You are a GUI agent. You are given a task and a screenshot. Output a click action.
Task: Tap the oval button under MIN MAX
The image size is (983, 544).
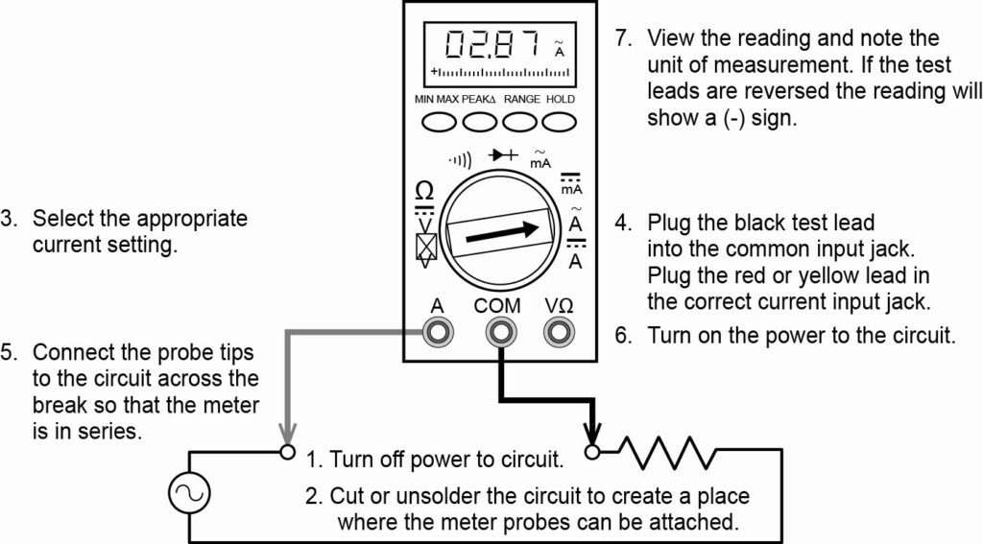pos(437,122)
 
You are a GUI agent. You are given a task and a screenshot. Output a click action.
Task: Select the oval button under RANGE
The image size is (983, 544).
pos(521,122)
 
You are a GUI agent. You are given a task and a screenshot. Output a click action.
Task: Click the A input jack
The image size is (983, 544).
pos(438,332)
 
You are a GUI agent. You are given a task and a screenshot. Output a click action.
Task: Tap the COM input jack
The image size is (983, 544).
pos(497,332)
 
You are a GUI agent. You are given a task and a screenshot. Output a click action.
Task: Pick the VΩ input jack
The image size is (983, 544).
pos(557,332)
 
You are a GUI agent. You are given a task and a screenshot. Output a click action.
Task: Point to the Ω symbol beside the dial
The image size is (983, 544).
pos(423,189)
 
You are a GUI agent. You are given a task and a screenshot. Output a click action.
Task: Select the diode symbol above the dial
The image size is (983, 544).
pos(502,154)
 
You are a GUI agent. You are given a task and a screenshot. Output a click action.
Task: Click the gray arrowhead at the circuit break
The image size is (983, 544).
pos(284,433)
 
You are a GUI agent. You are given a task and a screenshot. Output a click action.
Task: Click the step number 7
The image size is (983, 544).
pos(623,39)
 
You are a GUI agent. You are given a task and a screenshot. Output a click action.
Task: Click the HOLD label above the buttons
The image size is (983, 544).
pos(561,99)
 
